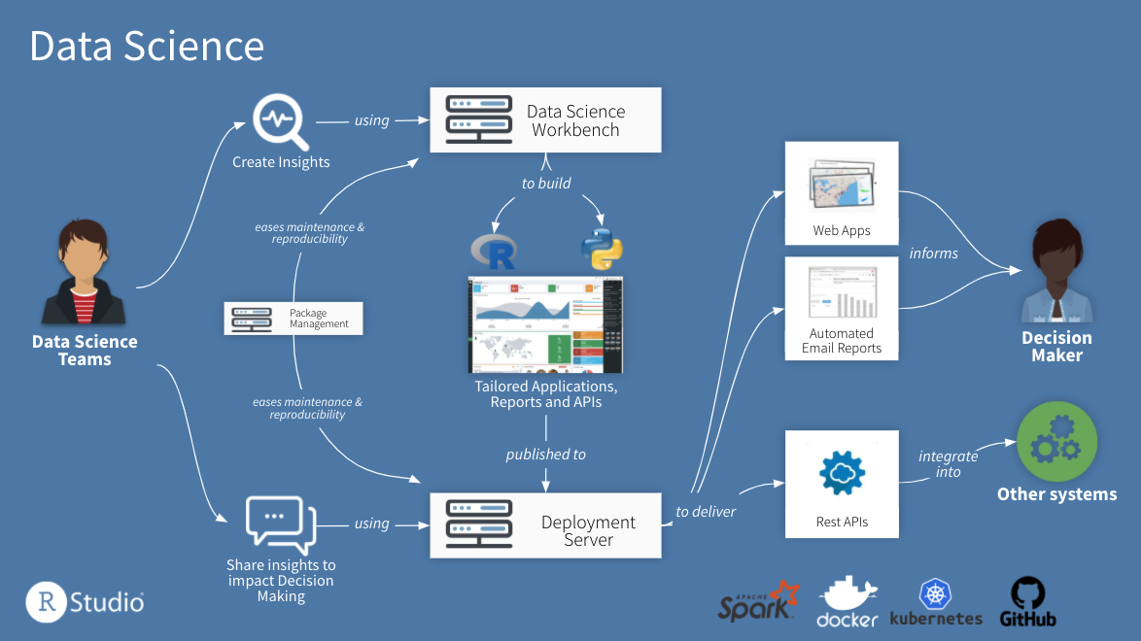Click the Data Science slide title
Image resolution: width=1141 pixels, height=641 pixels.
click(147, 46)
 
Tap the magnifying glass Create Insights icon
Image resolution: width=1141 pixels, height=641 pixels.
click(280, 121)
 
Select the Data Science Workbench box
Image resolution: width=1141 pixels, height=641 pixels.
click(545, 119)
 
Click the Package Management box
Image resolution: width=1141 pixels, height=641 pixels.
click(294, 319)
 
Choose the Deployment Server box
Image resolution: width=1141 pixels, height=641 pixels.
click(545, 525)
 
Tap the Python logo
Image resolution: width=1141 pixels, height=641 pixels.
click(602, 248)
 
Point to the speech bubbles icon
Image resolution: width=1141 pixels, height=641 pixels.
click(281, 522)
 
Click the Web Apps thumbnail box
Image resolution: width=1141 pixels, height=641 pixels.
click(842, 192)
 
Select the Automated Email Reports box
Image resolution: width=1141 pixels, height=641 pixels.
click(842, 309)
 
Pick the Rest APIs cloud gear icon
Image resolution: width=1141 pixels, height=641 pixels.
click(842, 473)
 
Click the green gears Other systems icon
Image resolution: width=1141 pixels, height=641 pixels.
click(1056, 442)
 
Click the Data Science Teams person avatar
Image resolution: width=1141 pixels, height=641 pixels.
click(84, 274)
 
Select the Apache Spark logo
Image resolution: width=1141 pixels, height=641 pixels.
click(758, 601)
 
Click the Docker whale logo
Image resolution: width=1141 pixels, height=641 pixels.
click(847, 602)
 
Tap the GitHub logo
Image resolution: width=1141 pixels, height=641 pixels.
click(1027, 602)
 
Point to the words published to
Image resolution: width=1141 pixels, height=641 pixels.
click(545, 454)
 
